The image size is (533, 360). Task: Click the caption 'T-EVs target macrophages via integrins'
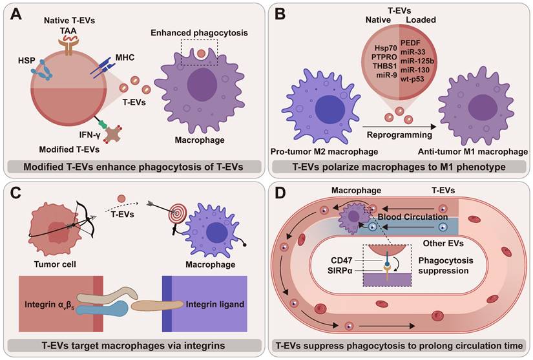click(133, 346)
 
